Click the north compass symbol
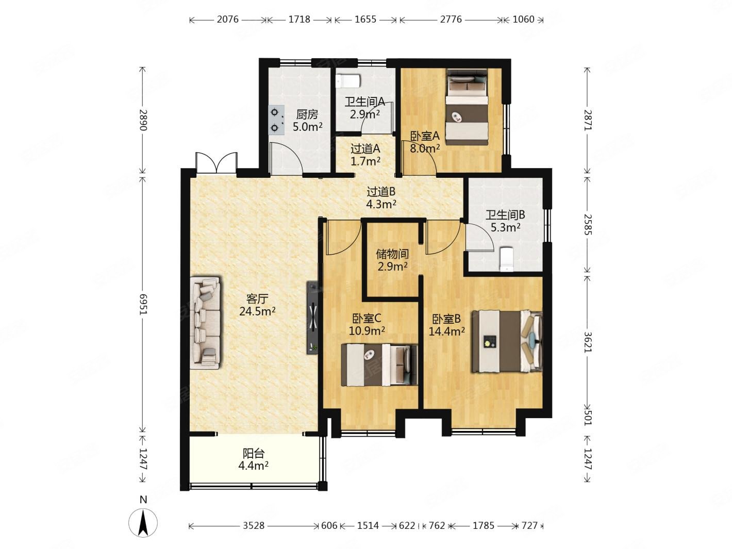point(143,522)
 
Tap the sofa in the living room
point(205,323)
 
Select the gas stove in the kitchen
point(276,120)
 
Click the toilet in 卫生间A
point(348,81)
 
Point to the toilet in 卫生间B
point(507,259)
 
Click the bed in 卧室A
point(467,107)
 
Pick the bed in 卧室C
point(379,365)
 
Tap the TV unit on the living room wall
point(312,318)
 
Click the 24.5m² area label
point(257,312)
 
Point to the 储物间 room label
point(392,254)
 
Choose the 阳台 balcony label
point(254,453)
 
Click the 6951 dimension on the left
point(143,304)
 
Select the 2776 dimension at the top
point(451,20)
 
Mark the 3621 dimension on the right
point(588,342)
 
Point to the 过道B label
point(381,192)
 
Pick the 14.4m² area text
point(446,331)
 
